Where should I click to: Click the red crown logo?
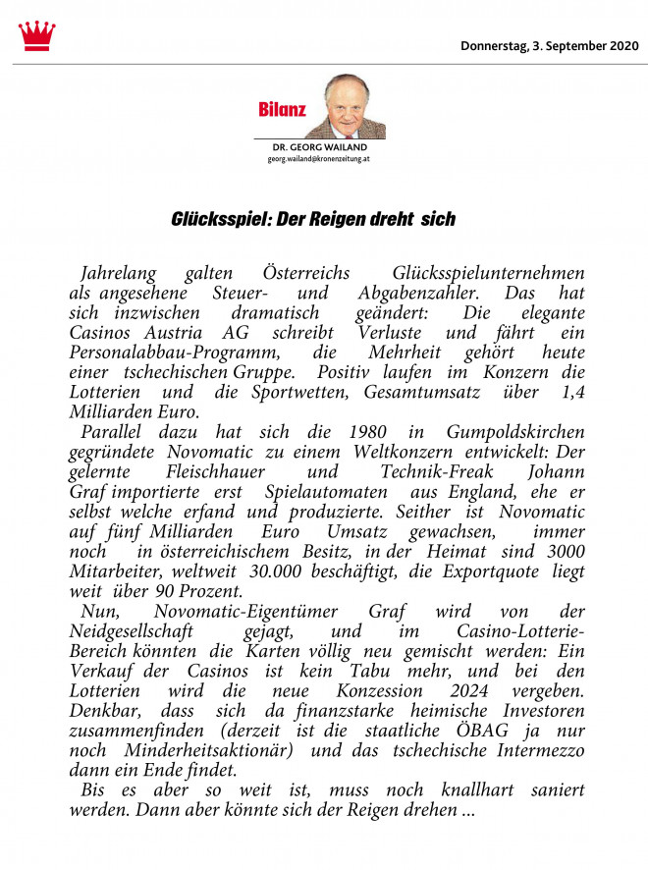tap(36, 35)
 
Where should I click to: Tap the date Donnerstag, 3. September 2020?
tap(549, 45)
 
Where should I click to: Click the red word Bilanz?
tap(283, 108)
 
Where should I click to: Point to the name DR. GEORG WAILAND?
tap(320, 147)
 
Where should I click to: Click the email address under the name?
tap(319, 158)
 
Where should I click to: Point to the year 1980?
tap(346, 433)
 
